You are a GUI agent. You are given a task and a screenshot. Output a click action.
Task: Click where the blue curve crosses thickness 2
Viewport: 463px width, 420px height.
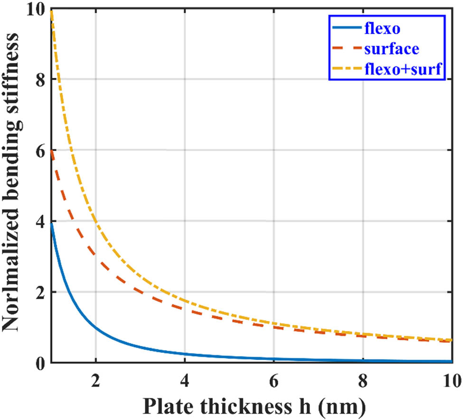pyautogui.click(x=95, y=327)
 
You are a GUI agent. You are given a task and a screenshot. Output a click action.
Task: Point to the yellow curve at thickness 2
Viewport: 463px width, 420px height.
pyautogui.click(x=95, y=221)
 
